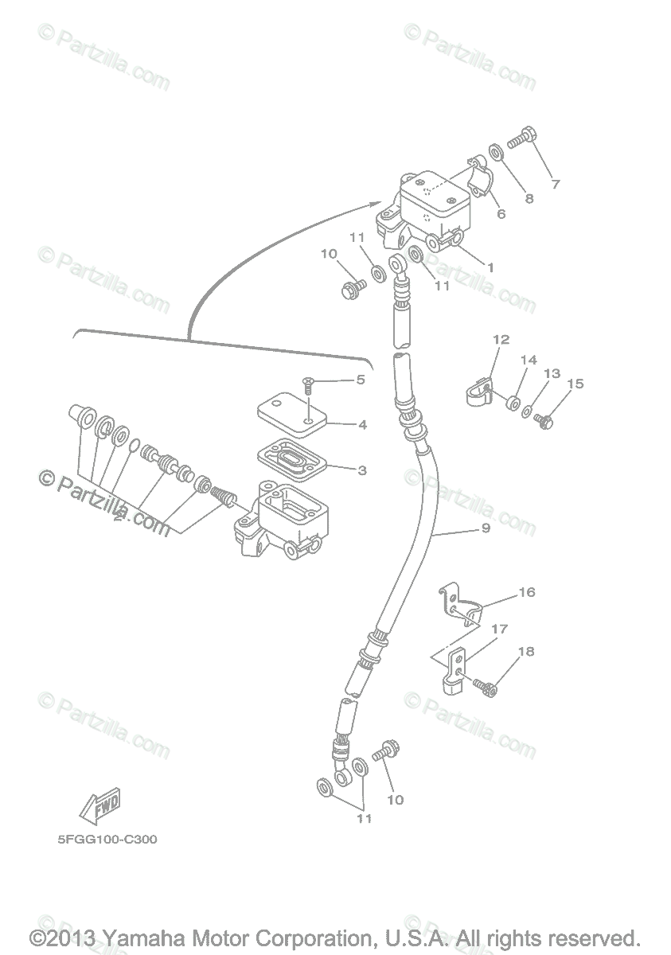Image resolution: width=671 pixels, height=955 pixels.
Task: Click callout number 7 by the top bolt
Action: point(555,185)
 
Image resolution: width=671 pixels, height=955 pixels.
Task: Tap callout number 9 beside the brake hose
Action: point(485,528)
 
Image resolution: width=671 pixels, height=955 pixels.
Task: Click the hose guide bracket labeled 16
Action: point(461,602)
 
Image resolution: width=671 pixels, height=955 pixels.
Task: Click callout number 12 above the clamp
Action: point(500,340)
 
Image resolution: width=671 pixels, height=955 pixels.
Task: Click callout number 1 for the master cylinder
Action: point(490,268)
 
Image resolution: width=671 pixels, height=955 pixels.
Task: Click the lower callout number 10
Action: point(395,799)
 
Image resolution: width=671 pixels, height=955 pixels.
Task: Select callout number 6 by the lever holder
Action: point(501,213)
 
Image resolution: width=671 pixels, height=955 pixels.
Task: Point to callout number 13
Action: point(552,373)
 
